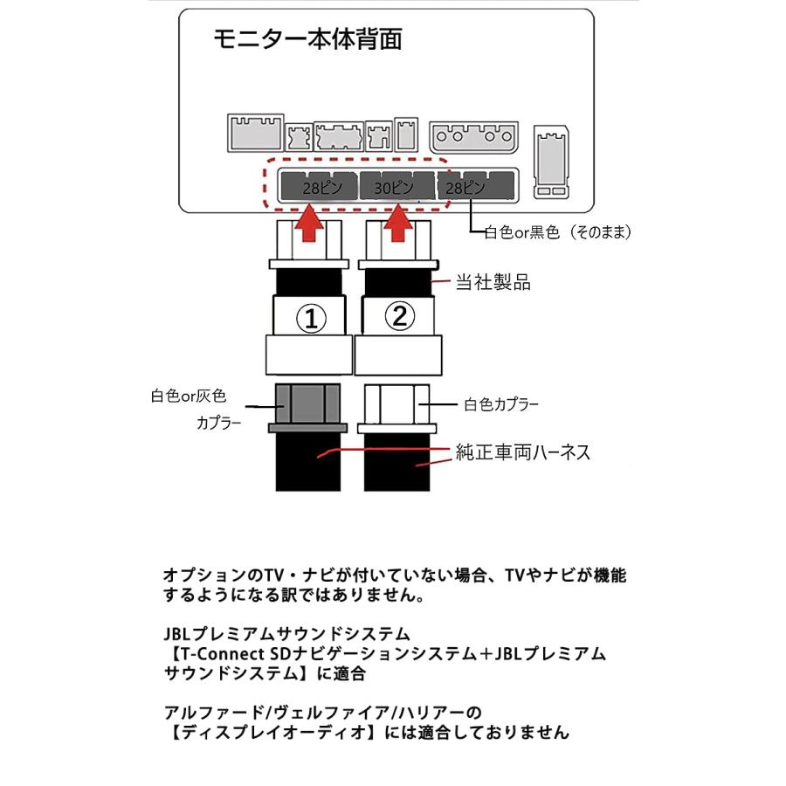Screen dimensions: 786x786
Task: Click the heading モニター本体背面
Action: click(307, 40)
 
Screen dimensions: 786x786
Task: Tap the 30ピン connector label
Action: click(392, 188)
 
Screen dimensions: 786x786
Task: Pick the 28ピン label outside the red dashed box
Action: click(463, 188)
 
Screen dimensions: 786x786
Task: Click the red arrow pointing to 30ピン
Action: click(397, 224)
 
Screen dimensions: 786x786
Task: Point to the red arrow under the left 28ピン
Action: click(308, 224)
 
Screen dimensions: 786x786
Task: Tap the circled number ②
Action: click(398, 317)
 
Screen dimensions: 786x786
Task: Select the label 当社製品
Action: click(493, 282)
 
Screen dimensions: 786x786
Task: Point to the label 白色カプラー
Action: click(500, 404)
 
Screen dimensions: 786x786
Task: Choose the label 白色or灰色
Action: click(187, 396)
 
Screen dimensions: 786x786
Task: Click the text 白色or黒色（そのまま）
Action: click(558, 232)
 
